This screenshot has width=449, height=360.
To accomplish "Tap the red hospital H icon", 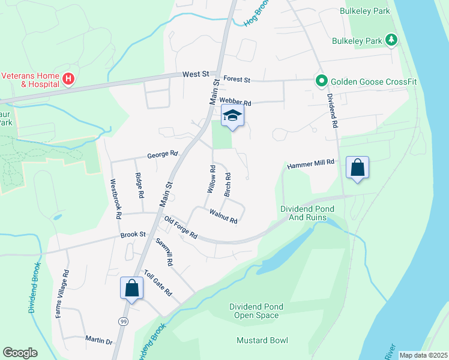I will [68, 79].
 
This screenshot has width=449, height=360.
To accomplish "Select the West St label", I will [196, 74].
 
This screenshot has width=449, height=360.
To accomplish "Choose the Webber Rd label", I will [235, 102].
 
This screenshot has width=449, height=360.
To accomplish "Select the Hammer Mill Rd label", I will [310, 164].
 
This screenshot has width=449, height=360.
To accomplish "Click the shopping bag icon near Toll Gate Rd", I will [131, 288].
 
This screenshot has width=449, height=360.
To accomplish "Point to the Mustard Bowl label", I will [262, 340].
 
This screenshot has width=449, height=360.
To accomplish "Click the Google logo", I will [20, 353].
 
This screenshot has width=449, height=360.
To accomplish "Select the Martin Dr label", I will [99, 341].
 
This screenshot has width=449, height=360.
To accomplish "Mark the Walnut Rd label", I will [224, 217].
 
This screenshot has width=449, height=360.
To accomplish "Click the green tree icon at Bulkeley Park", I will [391, 40].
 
